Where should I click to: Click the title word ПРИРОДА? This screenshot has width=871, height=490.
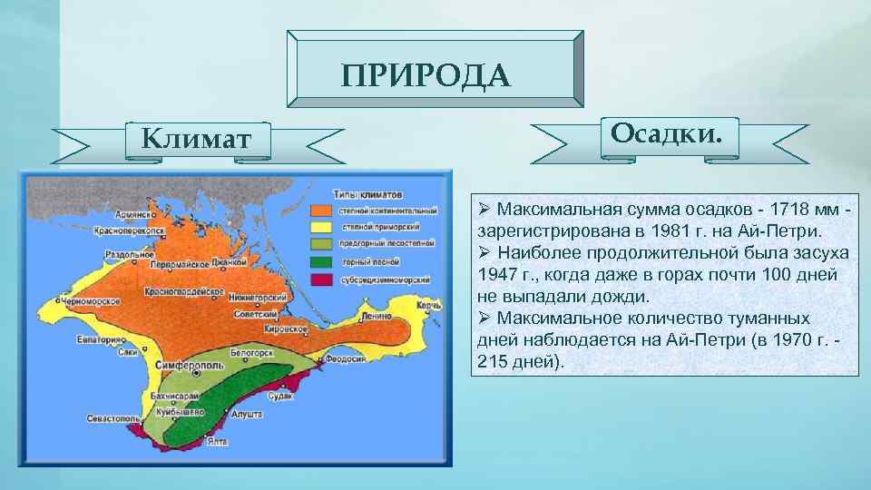tap(426, 74)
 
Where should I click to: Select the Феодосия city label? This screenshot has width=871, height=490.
tap(347, 358)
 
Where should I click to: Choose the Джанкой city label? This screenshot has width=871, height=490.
tap(230, 263)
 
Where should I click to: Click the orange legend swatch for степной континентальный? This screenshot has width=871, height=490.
tap(321, 210)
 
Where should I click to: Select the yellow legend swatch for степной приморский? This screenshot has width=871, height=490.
tap(321, 227)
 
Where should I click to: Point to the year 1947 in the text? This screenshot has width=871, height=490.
tap(495, 273)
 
